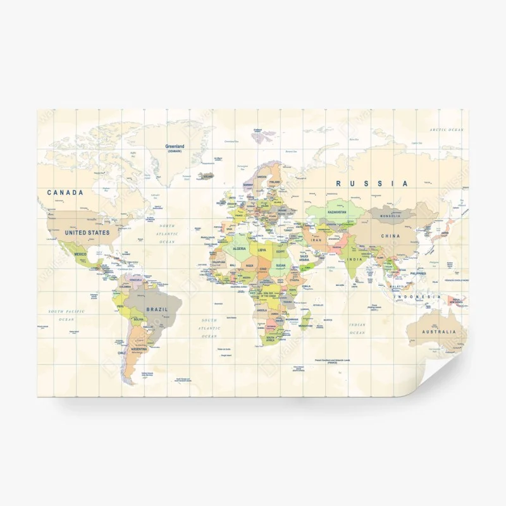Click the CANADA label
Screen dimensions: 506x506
pyautogui.click(x=65, y=193)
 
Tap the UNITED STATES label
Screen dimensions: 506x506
pyautogui.click(x=87, y=233)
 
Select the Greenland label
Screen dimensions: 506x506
pyautogui.click(x=174, y=147)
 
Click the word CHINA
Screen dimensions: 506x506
pyautogui.click(x=390, y=236)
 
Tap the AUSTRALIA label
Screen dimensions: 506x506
pyautogui.click(x=440, y=332)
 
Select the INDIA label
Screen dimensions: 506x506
pyautogui.click(x=355, y=259)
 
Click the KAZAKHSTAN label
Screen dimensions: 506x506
pyautogui.click(x=336, y=213)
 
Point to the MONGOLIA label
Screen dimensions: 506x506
pyautogui.click(x=390, y=216)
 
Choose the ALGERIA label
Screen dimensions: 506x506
pyautogui.click(x=239, y=249)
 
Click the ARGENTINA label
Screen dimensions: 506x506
pyautogui.click(x=139, y=349)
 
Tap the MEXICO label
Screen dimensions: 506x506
pyautogui.click(x=80, y=254)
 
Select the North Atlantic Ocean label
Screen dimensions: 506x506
pyautogui.click(x=168, y=233)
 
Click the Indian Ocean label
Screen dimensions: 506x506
pyautogui.click(x=357, y=328)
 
